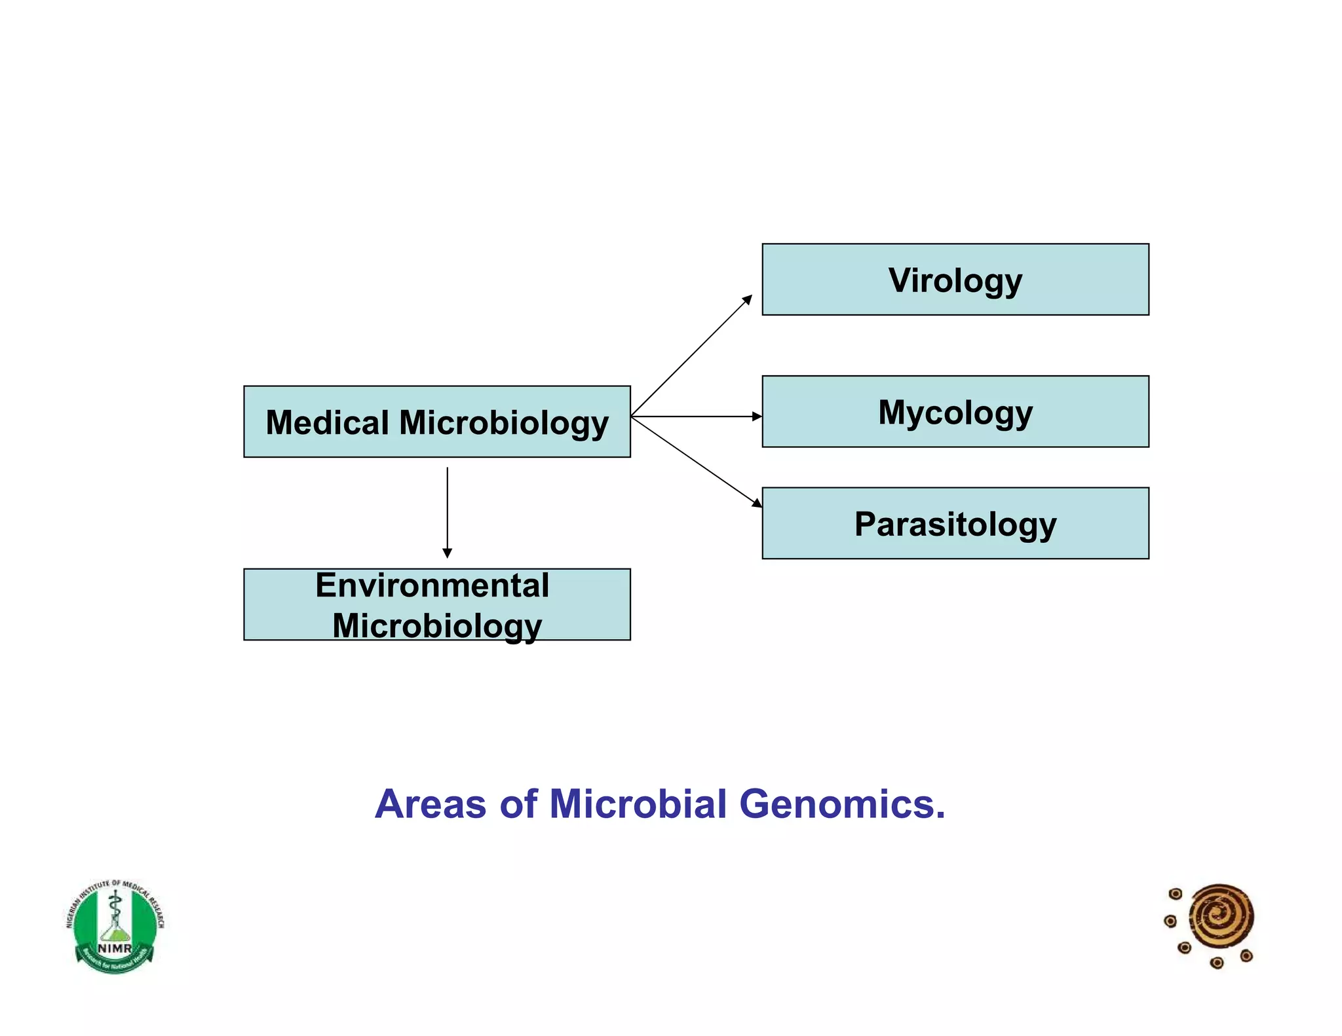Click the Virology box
point(955,280)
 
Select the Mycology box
point(955,411)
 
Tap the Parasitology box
point(955,523)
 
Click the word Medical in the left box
point(327,422)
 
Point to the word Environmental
point(432,585)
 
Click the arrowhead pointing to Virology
point(748,299)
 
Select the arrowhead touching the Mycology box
point(757,416)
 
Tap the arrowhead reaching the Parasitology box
point(757,503)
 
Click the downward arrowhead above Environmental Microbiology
point(448,553)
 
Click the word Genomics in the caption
point(842,804)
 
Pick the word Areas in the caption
point(431,804)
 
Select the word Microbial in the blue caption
point(638,804)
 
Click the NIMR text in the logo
point(115,948)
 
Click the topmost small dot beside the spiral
point(1176,894)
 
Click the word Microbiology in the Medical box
point(503,422)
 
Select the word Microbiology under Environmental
point(437,625)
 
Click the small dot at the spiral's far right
point(1247,956)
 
